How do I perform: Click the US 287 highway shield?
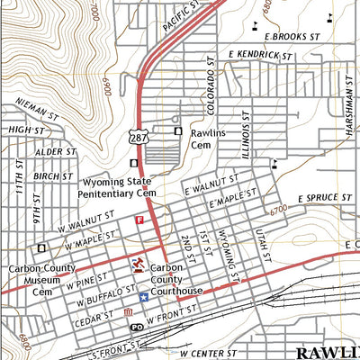click(x=137, y=134)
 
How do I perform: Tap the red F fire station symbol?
click(x=139, y=220)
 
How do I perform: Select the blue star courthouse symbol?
click(x=142, y=296)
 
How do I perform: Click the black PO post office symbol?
click(x=136, y=328)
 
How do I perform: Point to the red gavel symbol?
click(x=138, y=264)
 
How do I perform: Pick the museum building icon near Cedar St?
click(x=126, y=313)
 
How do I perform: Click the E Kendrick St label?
click(x=262, y=56)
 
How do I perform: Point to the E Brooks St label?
click(x=292, y=35)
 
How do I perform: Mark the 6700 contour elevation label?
click(x=278, y=209)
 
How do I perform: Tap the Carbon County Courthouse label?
click(x=176, y=279)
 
